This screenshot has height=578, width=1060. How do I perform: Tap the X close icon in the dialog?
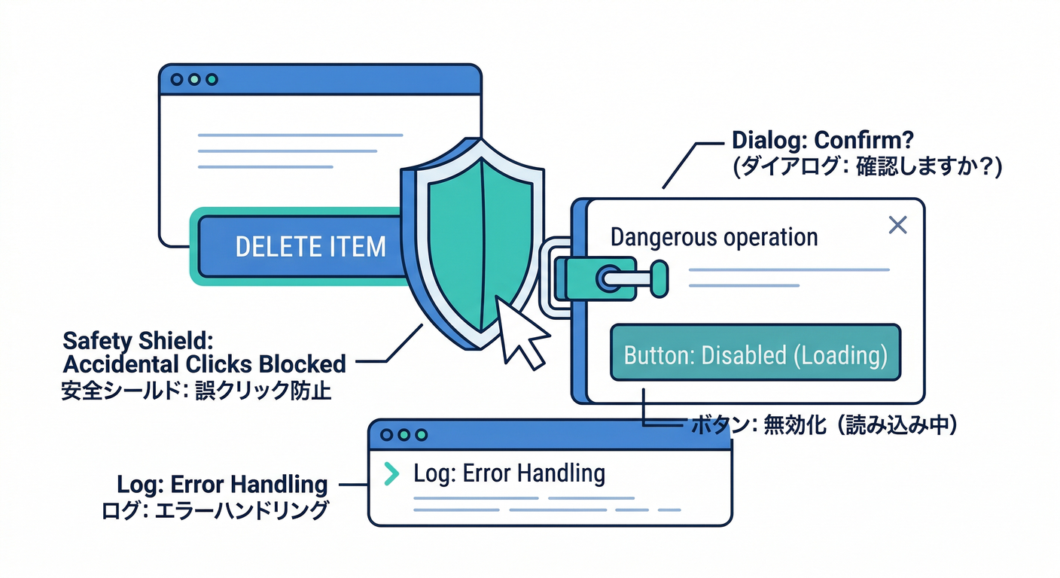click(897, 224)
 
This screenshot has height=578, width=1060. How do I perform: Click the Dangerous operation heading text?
click(714, 237)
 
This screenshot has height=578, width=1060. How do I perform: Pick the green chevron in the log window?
click(391, 473)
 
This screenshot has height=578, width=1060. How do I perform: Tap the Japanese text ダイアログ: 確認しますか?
click(866, 166)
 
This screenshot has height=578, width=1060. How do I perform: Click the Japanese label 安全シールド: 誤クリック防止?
click(196, 391)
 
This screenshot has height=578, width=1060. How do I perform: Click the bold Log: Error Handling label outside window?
click(222, 484)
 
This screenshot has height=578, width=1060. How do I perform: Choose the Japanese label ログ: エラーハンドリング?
click(215, 511)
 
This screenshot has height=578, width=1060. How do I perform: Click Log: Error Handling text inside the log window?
click(510, 473)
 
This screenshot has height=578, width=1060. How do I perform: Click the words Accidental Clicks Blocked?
click(204, 364)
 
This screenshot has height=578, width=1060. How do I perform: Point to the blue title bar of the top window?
click(339, 79)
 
